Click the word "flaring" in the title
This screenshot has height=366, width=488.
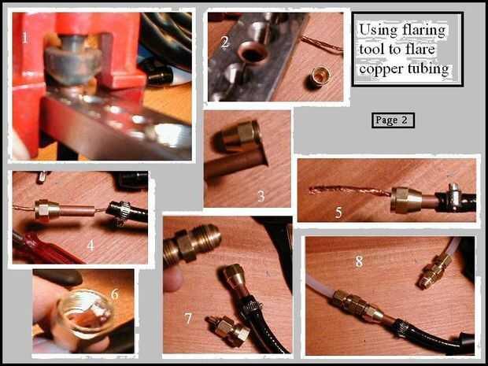[423, 31]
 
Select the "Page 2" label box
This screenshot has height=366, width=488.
[393, 120]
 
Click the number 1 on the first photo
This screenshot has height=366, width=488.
[24, 38]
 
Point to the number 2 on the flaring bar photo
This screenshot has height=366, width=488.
[224, 43]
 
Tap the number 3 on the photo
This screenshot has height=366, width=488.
[261, 196]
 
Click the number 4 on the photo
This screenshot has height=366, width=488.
[91, 246]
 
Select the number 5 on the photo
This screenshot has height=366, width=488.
[338, 213]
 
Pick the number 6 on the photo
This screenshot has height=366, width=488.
[115, 294]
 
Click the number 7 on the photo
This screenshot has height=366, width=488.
[188, 319]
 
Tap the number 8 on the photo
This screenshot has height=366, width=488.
[359, 261]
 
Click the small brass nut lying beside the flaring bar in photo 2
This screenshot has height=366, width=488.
[319, 77]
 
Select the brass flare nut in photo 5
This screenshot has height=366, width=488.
[406, 199]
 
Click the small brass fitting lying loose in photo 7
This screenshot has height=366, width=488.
[227, 331]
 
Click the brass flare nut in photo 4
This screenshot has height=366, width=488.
[46, 210]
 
